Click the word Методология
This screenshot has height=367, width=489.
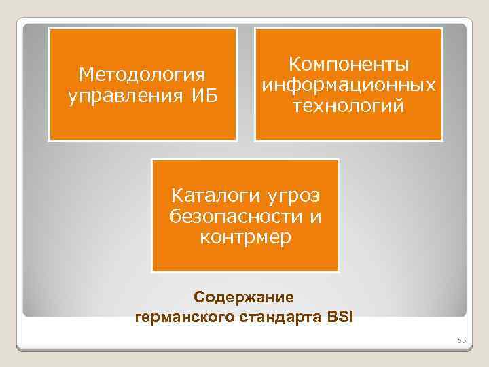point(142,73)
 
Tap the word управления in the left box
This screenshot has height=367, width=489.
point(119,94)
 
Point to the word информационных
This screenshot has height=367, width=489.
point(348,86)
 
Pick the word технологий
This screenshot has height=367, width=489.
point(348,107)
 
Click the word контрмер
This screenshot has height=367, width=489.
point(245,238)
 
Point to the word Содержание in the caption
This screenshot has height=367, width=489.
point(244,297)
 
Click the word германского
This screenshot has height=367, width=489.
point(177,316)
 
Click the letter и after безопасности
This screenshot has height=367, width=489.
point(316,217)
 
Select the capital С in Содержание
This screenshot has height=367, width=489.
point(199,297)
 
